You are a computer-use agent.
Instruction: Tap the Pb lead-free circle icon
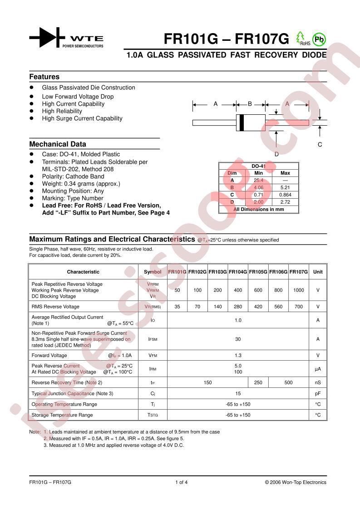(320, 39)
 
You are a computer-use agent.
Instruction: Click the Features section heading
(44, 77)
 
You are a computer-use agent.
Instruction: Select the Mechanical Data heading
(58, 144)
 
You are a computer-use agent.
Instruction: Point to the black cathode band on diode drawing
(242, 122)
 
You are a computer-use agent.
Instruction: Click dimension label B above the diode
(250, 104)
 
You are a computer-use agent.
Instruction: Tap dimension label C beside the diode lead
(320, 145)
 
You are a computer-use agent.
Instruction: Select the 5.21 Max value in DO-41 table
(285, 187)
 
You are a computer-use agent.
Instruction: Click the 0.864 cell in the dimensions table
(285, 194)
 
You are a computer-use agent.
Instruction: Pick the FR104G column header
(238, 272)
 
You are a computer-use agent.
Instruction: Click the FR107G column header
(299, 272)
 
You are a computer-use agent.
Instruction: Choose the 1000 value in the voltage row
(299, 290)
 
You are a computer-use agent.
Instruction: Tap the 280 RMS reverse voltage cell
(238, 307)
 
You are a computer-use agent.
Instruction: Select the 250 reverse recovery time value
(258, 382)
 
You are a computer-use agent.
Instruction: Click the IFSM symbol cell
(153, 339)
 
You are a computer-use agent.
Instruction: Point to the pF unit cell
(318, 393)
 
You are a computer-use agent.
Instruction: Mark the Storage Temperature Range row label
(62, 415)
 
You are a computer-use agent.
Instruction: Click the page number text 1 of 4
(181, 482)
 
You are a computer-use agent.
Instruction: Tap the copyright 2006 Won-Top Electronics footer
(296, 482)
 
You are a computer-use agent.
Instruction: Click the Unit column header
(318, 272)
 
